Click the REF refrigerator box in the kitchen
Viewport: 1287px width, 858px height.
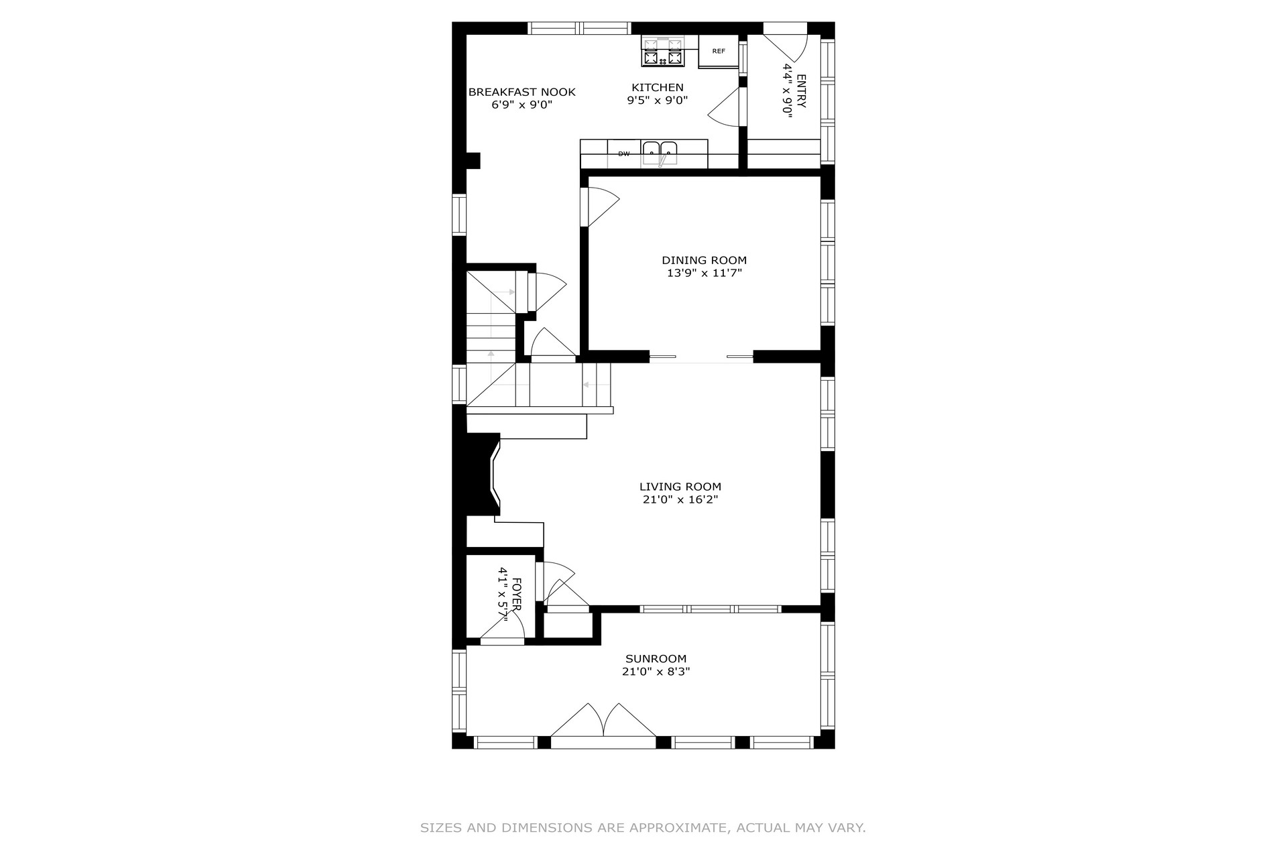(719, 52)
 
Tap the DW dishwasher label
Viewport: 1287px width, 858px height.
(624, 154)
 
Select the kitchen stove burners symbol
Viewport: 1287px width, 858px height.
(663, 52)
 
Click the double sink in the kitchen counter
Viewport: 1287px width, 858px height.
(660, 153)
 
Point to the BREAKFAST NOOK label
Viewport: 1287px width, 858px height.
(522, 92)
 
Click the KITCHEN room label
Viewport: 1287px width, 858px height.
(658, 87)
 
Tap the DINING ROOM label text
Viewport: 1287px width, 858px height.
(704, 260)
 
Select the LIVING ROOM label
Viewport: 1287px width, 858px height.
(680, 487)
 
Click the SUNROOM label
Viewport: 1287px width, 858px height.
(656, 659)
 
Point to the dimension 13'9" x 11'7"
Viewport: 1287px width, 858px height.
(704, 273)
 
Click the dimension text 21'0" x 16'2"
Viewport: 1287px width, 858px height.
(680, 499)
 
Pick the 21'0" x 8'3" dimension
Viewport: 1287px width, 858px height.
(656, 672)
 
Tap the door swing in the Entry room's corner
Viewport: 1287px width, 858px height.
(786, 48)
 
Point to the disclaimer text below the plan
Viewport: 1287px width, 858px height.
(643, 828)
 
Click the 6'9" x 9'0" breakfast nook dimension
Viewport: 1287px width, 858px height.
(522, 105)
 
